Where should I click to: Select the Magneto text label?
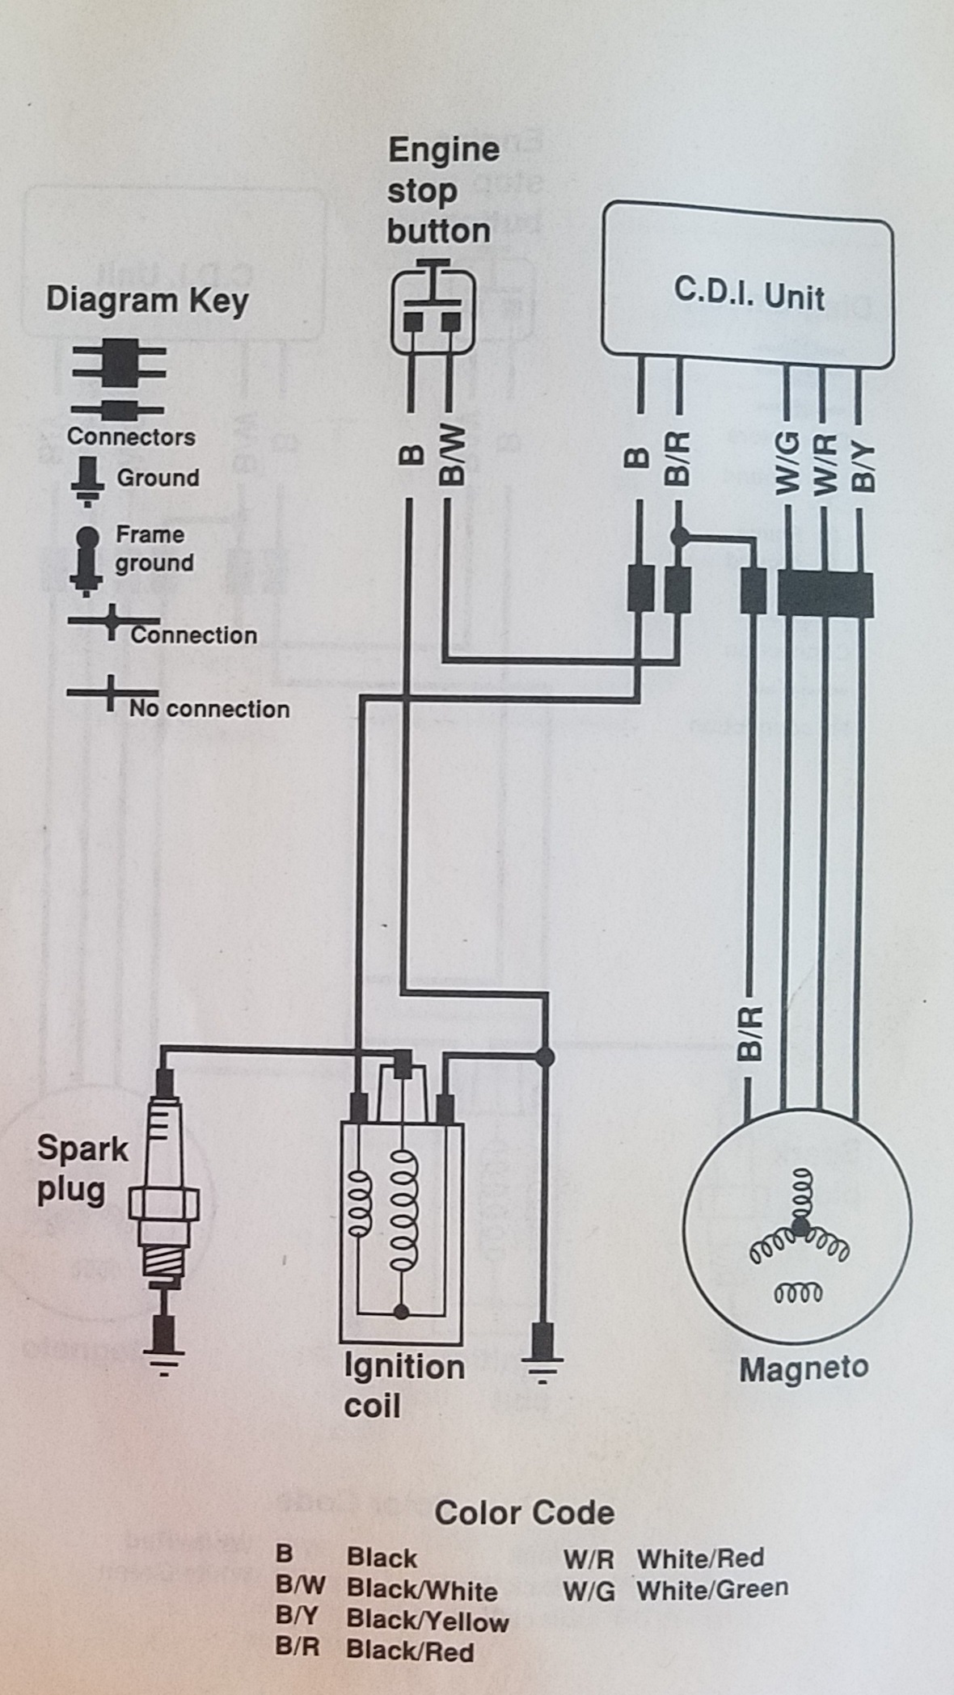[x=804, y=1368]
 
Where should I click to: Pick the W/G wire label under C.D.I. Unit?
[x=787, y=462]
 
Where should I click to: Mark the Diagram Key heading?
[x=147, y=300]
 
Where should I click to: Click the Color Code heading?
[x=525, y=1512]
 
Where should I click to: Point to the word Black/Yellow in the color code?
[x=428, y=1621]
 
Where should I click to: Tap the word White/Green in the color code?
[x=712, y=1589]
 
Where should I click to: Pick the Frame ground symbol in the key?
[x=86, y=560]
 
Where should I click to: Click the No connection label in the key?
[x=209, y=709]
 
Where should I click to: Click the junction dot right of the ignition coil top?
[x=545, y=1056]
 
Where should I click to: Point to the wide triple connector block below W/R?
[x=825, y=594]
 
